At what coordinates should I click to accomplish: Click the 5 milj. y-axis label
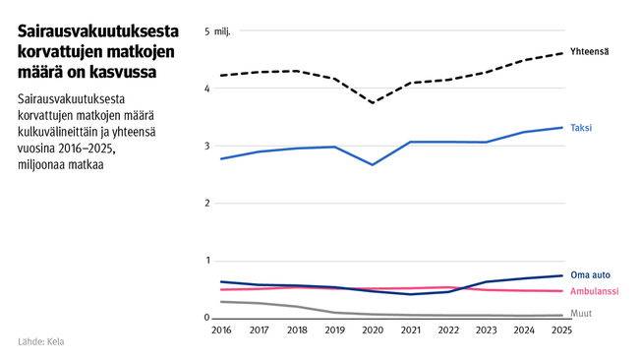click(x=216, y=32)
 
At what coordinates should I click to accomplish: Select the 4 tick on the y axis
click(x=207, y=89)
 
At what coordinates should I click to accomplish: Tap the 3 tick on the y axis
click(x=207, y=147)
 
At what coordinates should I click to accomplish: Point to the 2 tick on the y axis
click(x=207, y=204)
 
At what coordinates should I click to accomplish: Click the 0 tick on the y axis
click(x=207, y=318)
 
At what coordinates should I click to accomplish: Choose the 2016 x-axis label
click(x=221, y=332)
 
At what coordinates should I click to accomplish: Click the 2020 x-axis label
click(x=374, y=332)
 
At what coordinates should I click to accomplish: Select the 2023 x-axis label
click(x=486, y=332)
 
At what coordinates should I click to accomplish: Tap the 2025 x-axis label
click(x=561, y=332)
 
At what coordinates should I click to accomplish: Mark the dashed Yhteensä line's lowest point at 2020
click(x=373, y=102)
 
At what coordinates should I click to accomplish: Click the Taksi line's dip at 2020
click(x=373, y=164)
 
